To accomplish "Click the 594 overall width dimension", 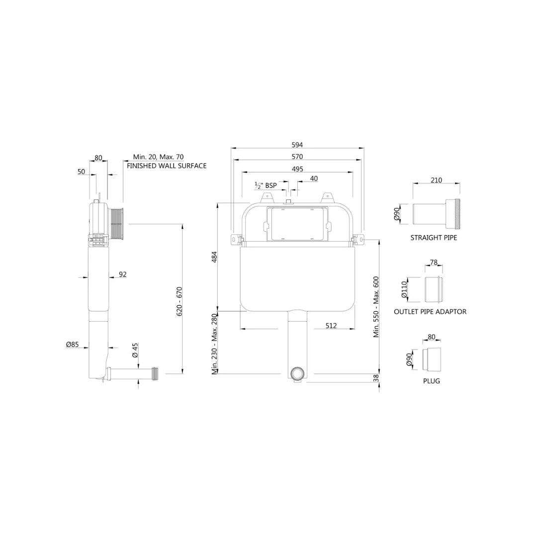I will [x=297, y=145].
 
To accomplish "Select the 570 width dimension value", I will [x=297, y=157].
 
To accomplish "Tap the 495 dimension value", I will [x=297, y=169].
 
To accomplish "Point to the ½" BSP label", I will [x=266, y=185].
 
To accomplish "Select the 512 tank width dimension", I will [x=331, y=326].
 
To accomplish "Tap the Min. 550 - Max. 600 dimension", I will [x=376, y=307].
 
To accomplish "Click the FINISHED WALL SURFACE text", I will [x=167, y=166].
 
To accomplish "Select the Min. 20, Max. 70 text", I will [x=158, y=157].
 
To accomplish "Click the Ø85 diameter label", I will [x=73, y=344].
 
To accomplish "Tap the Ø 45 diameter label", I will [x=135, y=351].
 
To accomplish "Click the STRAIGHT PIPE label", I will [x=434, y=238].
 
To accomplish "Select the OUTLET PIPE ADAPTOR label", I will [x=430, y=312].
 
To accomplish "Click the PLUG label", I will [x=432, y=381].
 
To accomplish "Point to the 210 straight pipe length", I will [x=436, y=180].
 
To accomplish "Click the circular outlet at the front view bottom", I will [x=297, y=374].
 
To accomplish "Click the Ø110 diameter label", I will [x=404, y=289].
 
